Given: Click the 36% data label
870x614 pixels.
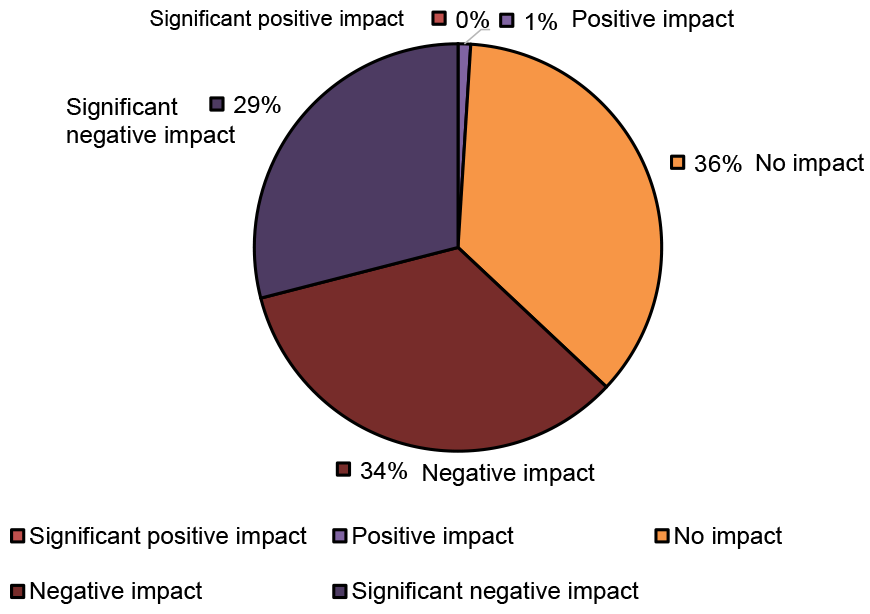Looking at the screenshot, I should point(718,164).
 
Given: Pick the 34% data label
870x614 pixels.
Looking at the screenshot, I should point(383,471).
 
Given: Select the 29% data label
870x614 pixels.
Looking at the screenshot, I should point(257,105).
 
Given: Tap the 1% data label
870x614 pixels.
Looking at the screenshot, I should point(540,21).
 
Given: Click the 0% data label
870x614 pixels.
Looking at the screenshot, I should point(472,20).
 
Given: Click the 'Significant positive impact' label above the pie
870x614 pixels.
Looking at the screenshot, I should point(277,19).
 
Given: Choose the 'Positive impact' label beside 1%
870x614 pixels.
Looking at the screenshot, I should point(653,20).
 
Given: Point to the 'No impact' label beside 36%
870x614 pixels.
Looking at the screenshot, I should point(809,164).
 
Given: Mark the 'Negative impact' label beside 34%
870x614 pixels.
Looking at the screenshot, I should point(508,473).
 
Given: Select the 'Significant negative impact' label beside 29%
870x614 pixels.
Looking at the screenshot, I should point(150,121).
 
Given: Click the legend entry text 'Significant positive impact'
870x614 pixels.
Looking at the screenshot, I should point(168,537).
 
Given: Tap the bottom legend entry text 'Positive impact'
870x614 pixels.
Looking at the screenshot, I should point(433,537).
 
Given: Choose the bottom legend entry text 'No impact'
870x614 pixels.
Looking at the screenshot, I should point(728,537).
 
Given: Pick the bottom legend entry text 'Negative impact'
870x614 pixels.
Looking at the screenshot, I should point(116,591).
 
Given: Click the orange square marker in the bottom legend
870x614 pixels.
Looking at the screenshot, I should point(663,537).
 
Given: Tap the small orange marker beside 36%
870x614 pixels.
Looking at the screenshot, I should point(677,163).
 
